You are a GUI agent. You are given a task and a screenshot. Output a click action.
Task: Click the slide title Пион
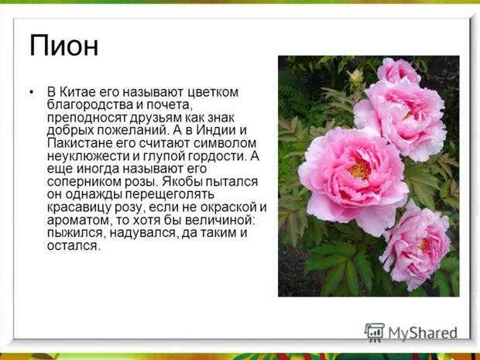(63, 46)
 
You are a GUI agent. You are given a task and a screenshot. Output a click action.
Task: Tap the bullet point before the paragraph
(32, 92)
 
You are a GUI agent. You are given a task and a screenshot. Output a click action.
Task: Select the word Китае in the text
(77, 92)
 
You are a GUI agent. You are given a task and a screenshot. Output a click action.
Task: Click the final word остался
(74, 246)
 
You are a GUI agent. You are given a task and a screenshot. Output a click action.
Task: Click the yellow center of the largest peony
(360, 170)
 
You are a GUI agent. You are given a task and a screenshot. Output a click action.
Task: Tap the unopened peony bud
(356, 77)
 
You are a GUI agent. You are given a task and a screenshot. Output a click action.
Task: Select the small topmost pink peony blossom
(398, 70)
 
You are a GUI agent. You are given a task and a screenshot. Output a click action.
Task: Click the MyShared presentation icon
(374, 333)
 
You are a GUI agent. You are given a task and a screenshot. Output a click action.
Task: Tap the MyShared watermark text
(423, 333)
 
